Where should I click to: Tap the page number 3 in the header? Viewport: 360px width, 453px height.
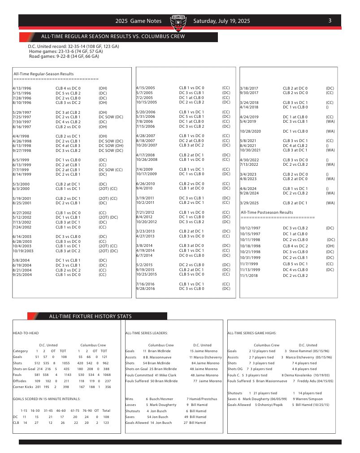coord(330,21)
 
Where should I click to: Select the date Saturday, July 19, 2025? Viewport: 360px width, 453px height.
coord(221,21)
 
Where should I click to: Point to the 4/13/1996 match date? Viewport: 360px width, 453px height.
coord(22,88)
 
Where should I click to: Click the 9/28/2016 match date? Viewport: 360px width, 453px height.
coord(145,289)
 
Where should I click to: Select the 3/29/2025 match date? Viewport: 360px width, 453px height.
coord(250,203)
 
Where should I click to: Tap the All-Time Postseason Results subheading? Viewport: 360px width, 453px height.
coord(267,212)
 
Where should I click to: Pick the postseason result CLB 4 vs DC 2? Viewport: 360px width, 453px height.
coord(295,246)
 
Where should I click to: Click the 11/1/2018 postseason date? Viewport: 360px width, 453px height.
coord(249,275)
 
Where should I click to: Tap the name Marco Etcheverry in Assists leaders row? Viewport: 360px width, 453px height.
coord(208,357)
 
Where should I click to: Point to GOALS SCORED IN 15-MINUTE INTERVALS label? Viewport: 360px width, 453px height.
coord(47,398)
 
